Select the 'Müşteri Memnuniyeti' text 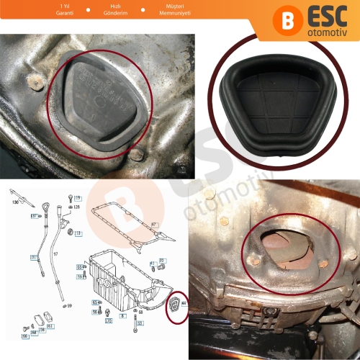[171, 9]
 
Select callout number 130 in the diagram [14, 202]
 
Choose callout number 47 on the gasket [153, 225]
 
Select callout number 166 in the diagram [24, 336]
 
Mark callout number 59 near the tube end [69, 305]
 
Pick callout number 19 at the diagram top [78, 197]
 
